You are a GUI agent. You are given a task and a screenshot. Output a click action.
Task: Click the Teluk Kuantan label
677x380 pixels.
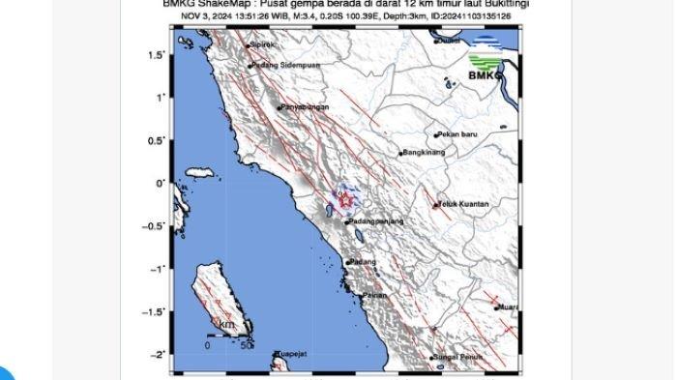(464, 204)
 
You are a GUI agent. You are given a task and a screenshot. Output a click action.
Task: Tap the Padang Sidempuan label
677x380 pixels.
(285, 66)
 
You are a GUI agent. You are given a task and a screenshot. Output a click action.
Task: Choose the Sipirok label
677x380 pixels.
(263, 44)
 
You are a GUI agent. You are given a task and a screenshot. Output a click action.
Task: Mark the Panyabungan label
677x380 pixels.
(306, 107)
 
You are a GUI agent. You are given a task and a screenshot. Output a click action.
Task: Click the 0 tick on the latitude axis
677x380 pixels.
(162, 183)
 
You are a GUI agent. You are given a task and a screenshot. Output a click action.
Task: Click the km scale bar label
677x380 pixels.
(226, 324)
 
